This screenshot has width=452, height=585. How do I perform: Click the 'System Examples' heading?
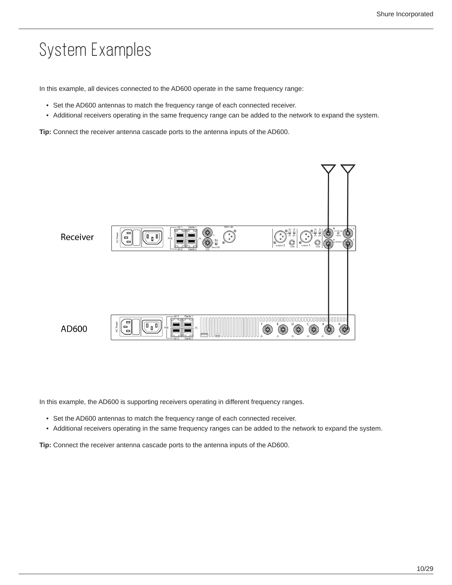tap(95, 50)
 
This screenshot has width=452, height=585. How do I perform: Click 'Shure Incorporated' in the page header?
tap(404, 14)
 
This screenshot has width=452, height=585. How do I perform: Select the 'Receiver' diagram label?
tap(77, 237)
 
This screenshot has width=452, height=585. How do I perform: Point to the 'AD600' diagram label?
tap(74, 329)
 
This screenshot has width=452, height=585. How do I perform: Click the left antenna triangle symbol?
tap(328, 169)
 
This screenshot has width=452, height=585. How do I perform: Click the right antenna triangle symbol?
tap(347, 169)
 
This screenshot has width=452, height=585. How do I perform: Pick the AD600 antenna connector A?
tap(345, 329)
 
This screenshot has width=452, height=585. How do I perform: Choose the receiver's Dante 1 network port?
tap(192, 234)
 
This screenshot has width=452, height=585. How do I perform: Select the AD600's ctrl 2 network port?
tap(177, 332)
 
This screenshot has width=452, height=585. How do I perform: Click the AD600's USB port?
tap(204, 335)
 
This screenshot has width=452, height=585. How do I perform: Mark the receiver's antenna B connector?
tap(328, 234)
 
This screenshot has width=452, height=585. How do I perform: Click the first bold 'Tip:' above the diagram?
tap(45, 132)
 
